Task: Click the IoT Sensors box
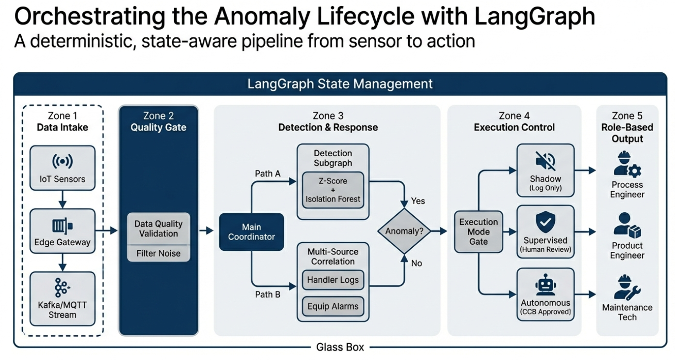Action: [x=62, y=168]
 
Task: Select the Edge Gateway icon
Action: [x=62, y=226]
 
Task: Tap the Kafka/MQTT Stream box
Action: [x=62, y=299]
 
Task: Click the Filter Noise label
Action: [x=158, y=254]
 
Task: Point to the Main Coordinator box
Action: [x=251, y=232]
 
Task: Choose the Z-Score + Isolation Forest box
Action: [x=333, y=190]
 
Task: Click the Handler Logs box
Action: [x=333, y=280]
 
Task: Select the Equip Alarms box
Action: [x=333, y=306]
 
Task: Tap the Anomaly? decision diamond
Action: [x=404, y=231]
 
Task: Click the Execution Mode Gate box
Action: [x=478, y=232]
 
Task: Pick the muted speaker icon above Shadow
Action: [x=545, y=161]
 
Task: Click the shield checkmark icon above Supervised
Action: [x=545, y=222]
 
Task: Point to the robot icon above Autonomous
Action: [x=545, y=284]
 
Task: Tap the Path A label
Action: [x=267, y=174]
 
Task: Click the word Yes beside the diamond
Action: [x=418, y=201]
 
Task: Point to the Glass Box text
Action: [x=340, y=347]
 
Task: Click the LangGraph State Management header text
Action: [x=340, y=84]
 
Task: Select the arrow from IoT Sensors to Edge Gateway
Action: [x=62, y=199]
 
